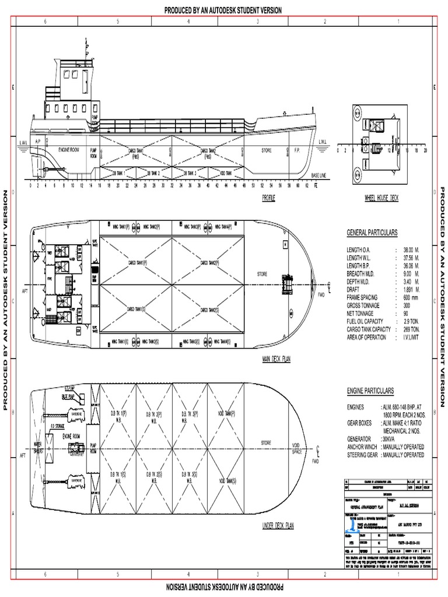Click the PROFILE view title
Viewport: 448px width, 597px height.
(x=268, y=198)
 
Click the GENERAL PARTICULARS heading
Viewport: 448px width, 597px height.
(x=372, y=233)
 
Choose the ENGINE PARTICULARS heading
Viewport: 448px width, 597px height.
(x=370, y=391)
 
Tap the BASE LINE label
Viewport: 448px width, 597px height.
(x=319, y=175)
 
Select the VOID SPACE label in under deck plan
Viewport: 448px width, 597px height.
(x=297, y=448)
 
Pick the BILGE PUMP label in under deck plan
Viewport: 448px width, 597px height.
(x=69, y=396)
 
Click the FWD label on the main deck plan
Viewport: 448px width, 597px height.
(x=320, y=295)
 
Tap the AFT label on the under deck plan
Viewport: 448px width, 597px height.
(x=24, y=455)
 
